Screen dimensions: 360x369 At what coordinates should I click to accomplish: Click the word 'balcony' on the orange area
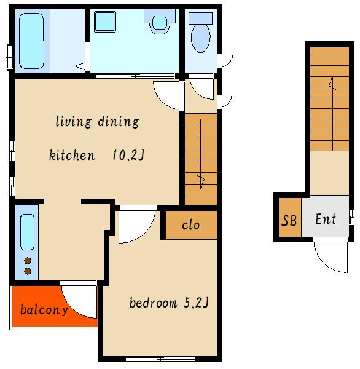tap(44, 310)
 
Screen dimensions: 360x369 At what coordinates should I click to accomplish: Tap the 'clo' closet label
tap(190, 225)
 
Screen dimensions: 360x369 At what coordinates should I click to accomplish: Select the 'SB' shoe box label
tap(289, 221)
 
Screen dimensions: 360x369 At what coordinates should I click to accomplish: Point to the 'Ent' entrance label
tap(326, 219)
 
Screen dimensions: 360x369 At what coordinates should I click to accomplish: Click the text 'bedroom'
tap(153, 303)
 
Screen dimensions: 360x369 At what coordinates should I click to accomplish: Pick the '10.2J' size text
tap(128, 155)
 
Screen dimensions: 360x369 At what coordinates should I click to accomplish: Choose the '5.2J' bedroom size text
tap(196, 303)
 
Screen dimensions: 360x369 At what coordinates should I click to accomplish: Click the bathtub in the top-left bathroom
tap(31, 41)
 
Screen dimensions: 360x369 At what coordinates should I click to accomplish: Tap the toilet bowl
tap(200, 38)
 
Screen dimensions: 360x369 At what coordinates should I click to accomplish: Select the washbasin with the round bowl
tap(160, 22)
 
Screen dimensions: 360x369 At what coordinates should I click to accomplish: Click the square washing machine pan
tap(105, 22)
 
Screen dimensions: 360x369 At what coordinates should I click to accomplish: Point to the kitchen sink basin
tap(27, 232)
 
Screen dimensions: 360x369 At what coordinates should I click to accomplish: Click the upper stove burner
tap(28, 261)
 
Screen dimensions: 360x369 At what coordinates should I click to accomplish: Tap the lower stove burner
tap(28, 271)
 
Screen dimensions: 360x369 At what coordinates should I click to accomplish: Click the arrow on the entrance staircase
tap(332, 113)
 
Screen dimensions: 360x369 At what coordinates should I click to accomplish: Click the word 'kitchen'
tap(72, 155)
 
